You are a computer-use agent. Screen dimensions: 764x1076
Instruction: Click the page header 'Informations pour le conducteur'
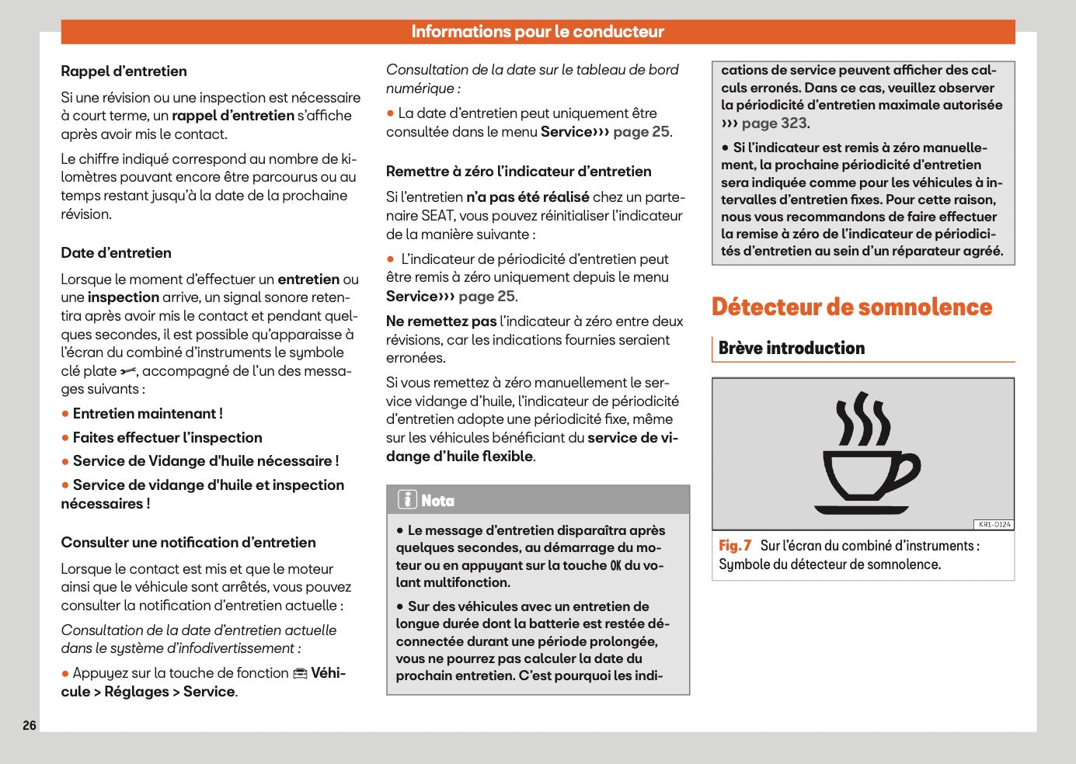click(x=538, y=32)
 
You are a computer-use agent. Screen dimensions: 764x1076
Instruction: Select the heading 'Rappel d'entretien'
click(x=124, y=71)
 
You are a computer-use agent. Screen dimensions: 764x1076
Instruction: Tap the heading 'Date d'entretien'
click(x=116, y=253)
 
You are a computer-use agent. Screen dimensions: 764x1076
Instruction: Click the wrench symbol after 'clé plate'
click(x=128, y=372)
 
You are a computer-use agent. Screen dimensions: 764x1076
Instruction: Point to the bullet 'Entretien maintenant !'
click(x=147, y=414)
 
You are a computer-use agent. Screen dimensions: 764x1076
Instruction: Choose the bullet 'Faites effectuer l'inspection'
click(x=167, y=438)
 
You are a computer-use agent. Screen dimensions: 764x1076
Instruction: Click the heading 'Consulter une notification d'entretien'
click(x=188, y=543)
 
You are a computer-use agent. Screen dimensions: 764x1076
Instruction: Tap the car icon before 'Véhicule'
click(x=300, y=674)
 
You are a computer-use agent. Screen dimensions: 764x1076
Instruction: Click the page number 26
click(x=30, y=725)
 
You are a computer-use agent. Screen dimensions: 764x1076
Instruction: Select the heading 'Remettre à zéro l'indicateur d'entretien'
click(x=518, y=172)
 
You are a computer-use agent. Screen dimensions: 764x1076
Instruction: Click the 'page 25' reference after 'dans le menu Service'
click(x=641, y=132)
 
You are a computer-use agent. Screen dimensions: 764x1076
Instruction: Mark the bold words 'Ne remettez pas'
click(x=440, y=321)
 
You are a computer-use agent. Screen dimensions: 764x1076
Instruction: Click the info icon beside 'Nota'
click(x=407, y=500)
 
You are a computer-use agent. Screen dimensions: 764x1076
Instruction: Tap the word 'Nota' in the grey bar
click(x=437, y=501)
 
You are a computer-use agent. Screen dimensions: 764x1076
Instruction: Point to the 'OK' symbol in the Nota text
click(x=615, y=566)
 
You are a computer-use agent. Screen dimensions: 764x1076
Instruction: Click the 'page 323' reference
click(x=774, y=123)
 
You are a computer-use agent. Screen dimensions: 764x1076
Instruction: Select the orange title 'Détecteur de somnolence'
click(x=851, y=307)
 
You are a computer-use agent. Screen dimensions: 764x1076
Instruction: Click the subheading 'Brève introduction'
click(x=791, y=349)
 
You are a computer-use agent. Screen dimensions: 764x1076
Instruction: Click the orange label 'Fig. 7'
click(x=734, y=546)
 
